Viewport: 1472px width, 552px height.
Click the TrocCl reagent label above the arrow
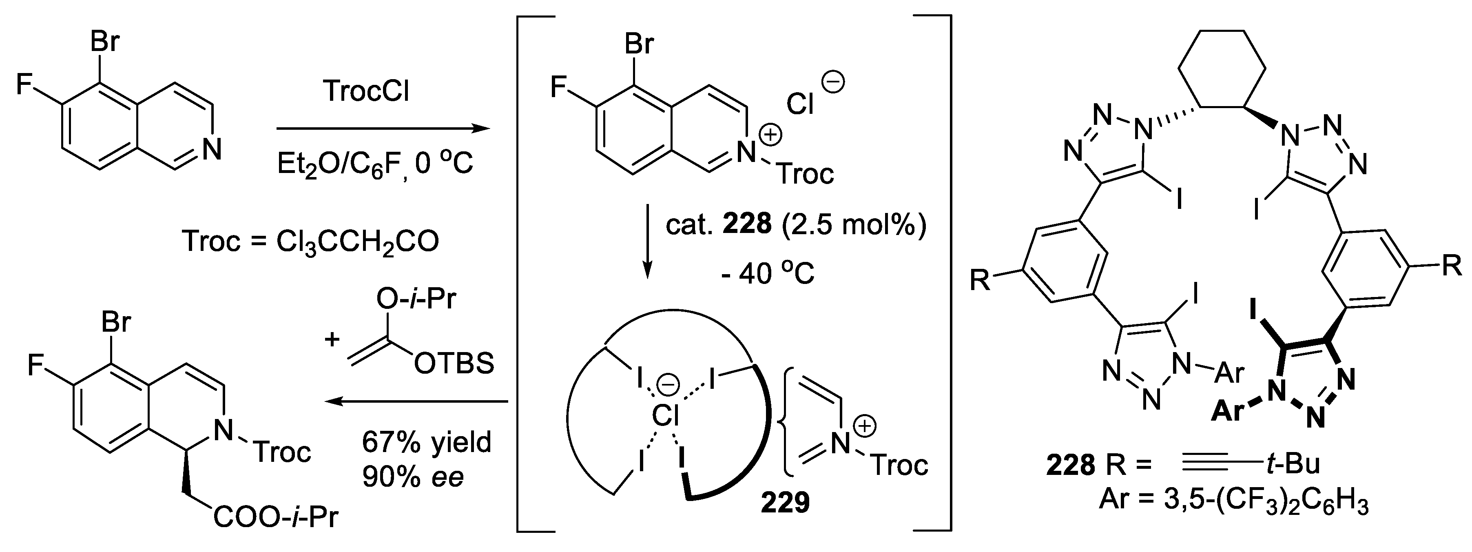point(366,91)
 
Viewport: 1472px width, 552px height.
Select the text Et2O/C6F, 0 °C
point(375,164)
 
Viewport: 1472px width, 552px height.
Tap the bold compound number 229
point(785,503)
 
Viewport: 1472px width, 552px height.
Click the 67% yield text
point(426,442)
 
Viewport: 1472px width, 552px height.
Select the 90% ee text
point(413,477)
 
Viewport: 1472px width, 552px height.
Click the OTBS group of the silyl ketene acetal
point(454,364)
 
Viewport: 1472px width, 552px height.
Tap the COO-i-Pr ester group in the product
point(275,518)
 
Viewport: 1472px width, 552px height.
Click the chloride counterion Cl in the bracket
point(800,104)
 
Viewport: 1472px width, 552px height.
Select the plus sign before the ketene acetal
point(332,339)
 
